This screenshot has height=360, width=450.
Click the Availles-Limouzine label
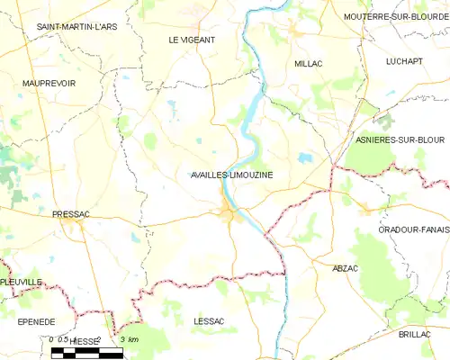pos(232,175)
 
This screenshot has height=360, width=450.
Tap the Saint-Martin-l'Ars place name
pos(76,27)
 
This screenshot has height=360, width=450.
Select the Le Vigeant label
pos(192,40)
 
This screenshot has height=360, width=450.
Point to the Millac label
pos(309,64)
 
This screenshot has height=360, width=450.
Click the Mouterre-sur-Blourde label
pos(396,16)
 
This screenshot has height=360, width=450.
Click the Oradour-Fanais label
pos(414,229)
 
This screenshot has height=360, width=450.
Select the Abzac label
pos(346,269)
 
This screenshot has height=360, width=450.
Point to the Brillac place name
pos(416,334)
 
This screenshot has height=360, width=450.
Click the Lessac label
pos(209,320)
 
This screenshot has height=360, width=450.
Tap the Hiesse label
pos(85,342)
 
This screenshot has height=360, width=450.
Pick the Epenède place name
pos(37,321)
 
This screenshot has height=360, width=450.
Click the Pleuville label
pos(22,282)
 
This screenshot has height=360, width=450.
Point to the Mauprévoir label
pos(49,83)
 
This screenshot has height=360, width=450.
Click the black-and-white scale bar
pos(86,354)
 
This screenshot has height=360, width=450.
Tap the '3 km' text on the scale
pos(129,339)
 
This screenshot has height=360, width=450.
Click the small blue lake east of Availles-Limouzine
pos(306,157)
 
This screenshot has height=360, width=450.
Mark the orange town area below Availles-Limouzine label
pos(229,213)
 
